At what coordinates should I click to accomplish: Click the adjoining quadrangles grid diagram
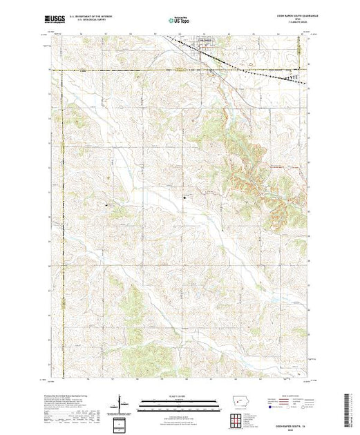click(236, 418)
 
